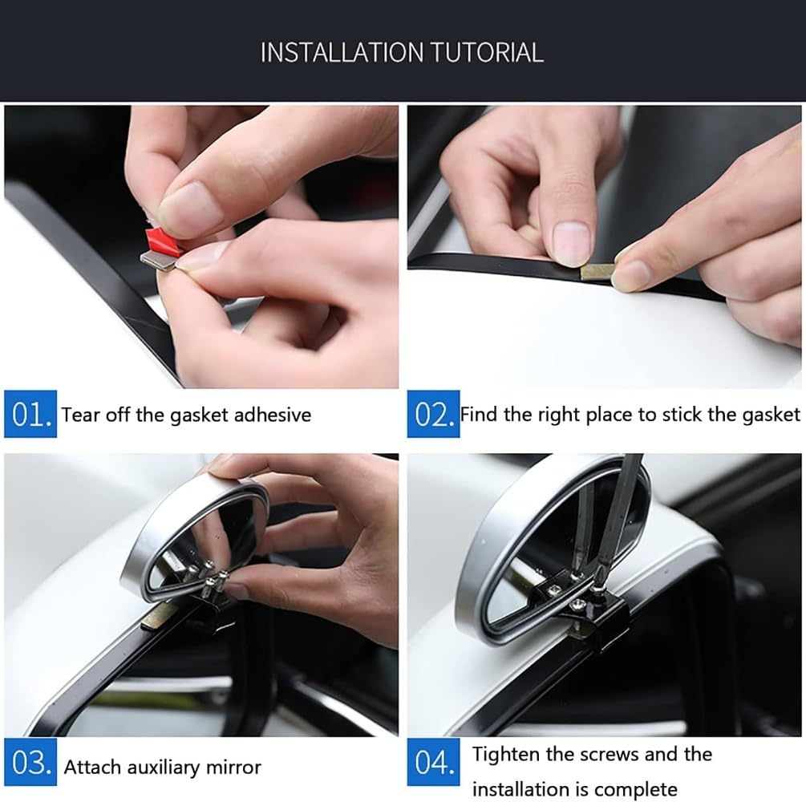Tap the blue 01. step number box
coord(30,414)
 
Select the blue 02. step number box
coord(433,414)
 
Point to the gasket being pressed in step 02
coord(597,271)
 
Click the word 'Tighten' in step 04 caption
coord(510,755)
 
